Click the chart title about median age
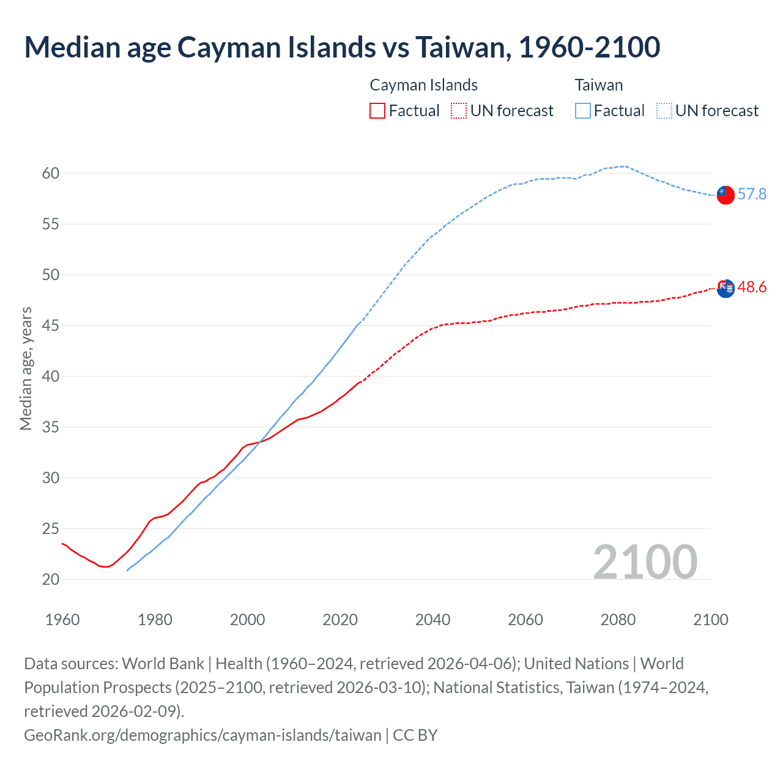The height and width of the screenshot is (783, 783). coord(342,47)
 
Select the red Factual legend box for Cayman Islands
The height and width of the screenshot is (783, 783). coord(377,111)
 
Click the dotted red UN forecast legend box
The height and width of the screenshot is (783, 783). coord(458,111)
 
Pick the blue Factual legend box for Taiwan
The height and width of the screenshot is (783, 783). coord(583,111)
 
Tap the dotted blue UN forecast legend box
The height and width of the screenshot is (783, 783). coord(664,111)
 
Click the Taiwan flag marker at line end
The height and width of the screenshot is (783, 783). coord(725,195)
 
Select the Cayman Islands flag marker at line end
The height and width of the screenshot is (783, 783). coord(725,288)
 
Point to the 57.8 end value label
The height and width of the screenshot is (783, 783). coord(752,195)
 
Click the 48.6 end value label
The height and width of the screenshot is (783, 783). coord(752,288)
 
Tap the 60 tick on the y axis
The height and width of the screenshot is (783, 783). coord(51,174)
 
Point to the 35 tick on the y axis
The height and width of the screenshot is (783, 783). coord(51,427)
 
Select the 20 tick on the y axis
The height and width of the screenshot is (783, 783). coord(51,579)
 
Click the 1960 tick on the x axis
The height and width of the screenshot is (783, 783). coord(62,620)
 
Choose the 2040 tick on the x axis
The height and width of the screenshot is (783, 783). coord(432,620)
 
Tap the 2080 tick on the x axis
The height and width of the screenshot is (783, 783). coord(618,620)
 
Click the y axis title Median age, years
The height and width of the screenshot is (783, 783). coord(26,369)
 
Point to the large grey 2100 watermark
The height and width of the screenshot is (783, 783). coord(645,562)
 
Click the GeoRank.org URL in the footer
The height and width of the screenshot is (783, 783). coord(202,735)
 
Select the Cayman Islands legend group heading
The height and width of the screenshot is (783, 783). coord(423,85)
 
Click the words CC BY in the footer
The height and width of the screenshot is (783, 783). coord(415,735)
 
